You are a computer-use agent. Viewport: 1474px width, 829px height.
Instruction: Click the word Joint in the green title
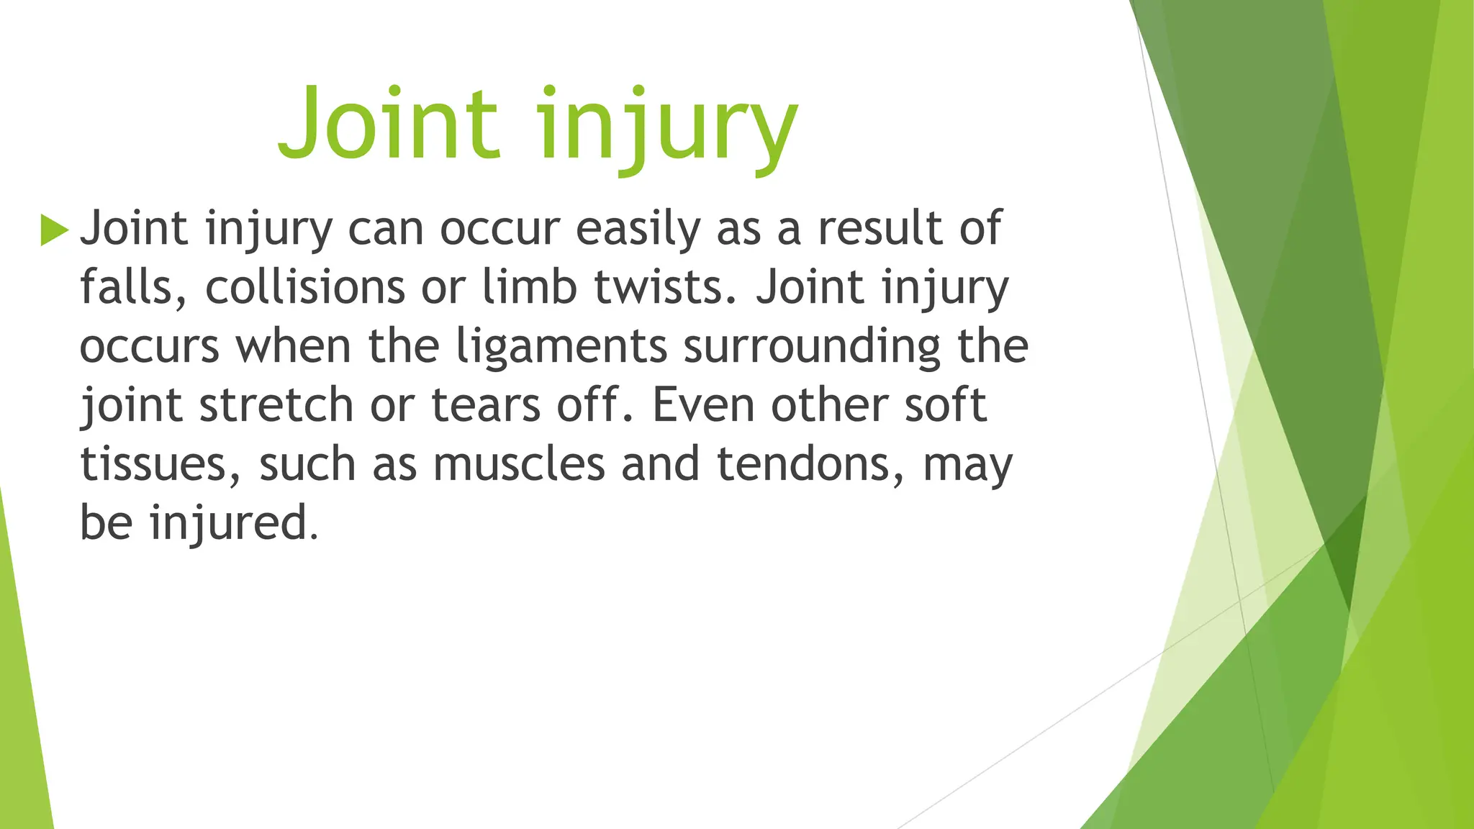(x=389, y=124)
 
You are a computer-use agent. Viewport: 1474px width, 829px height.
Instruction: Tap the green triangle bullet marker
(x=54, y=230)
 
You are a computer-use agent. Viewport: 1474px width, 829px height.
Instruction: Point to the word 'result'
(x=880, y=230)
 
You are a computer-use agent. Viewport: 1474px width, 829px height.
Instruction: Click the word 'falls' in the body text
(x=127, y=288)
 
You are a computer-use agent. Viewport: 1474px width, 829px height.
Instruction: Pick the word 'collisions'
(x=305, y=288)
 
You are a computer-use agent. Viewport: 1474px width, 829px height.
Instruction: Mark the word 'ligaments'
(x=561, y=348)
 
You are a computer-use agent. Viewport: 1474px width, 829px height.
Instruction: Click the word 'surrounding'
(x=812, y=348)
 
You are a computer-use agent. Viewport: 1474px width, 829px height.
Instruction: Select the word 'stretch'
(x=276, y=406)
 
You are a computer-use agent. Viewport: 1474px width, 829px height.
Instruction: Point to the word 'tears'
(x=486, y=406)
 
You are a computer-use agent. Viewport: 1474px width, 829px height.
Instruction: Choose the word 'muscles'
(x=519, y=465)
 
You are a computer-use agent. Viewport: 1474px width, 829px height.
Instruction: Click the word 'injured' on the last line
(x=233, y=523)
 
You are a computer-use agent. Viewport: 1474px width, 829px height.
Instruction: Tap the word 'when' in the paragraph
(x=294, y=348)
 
